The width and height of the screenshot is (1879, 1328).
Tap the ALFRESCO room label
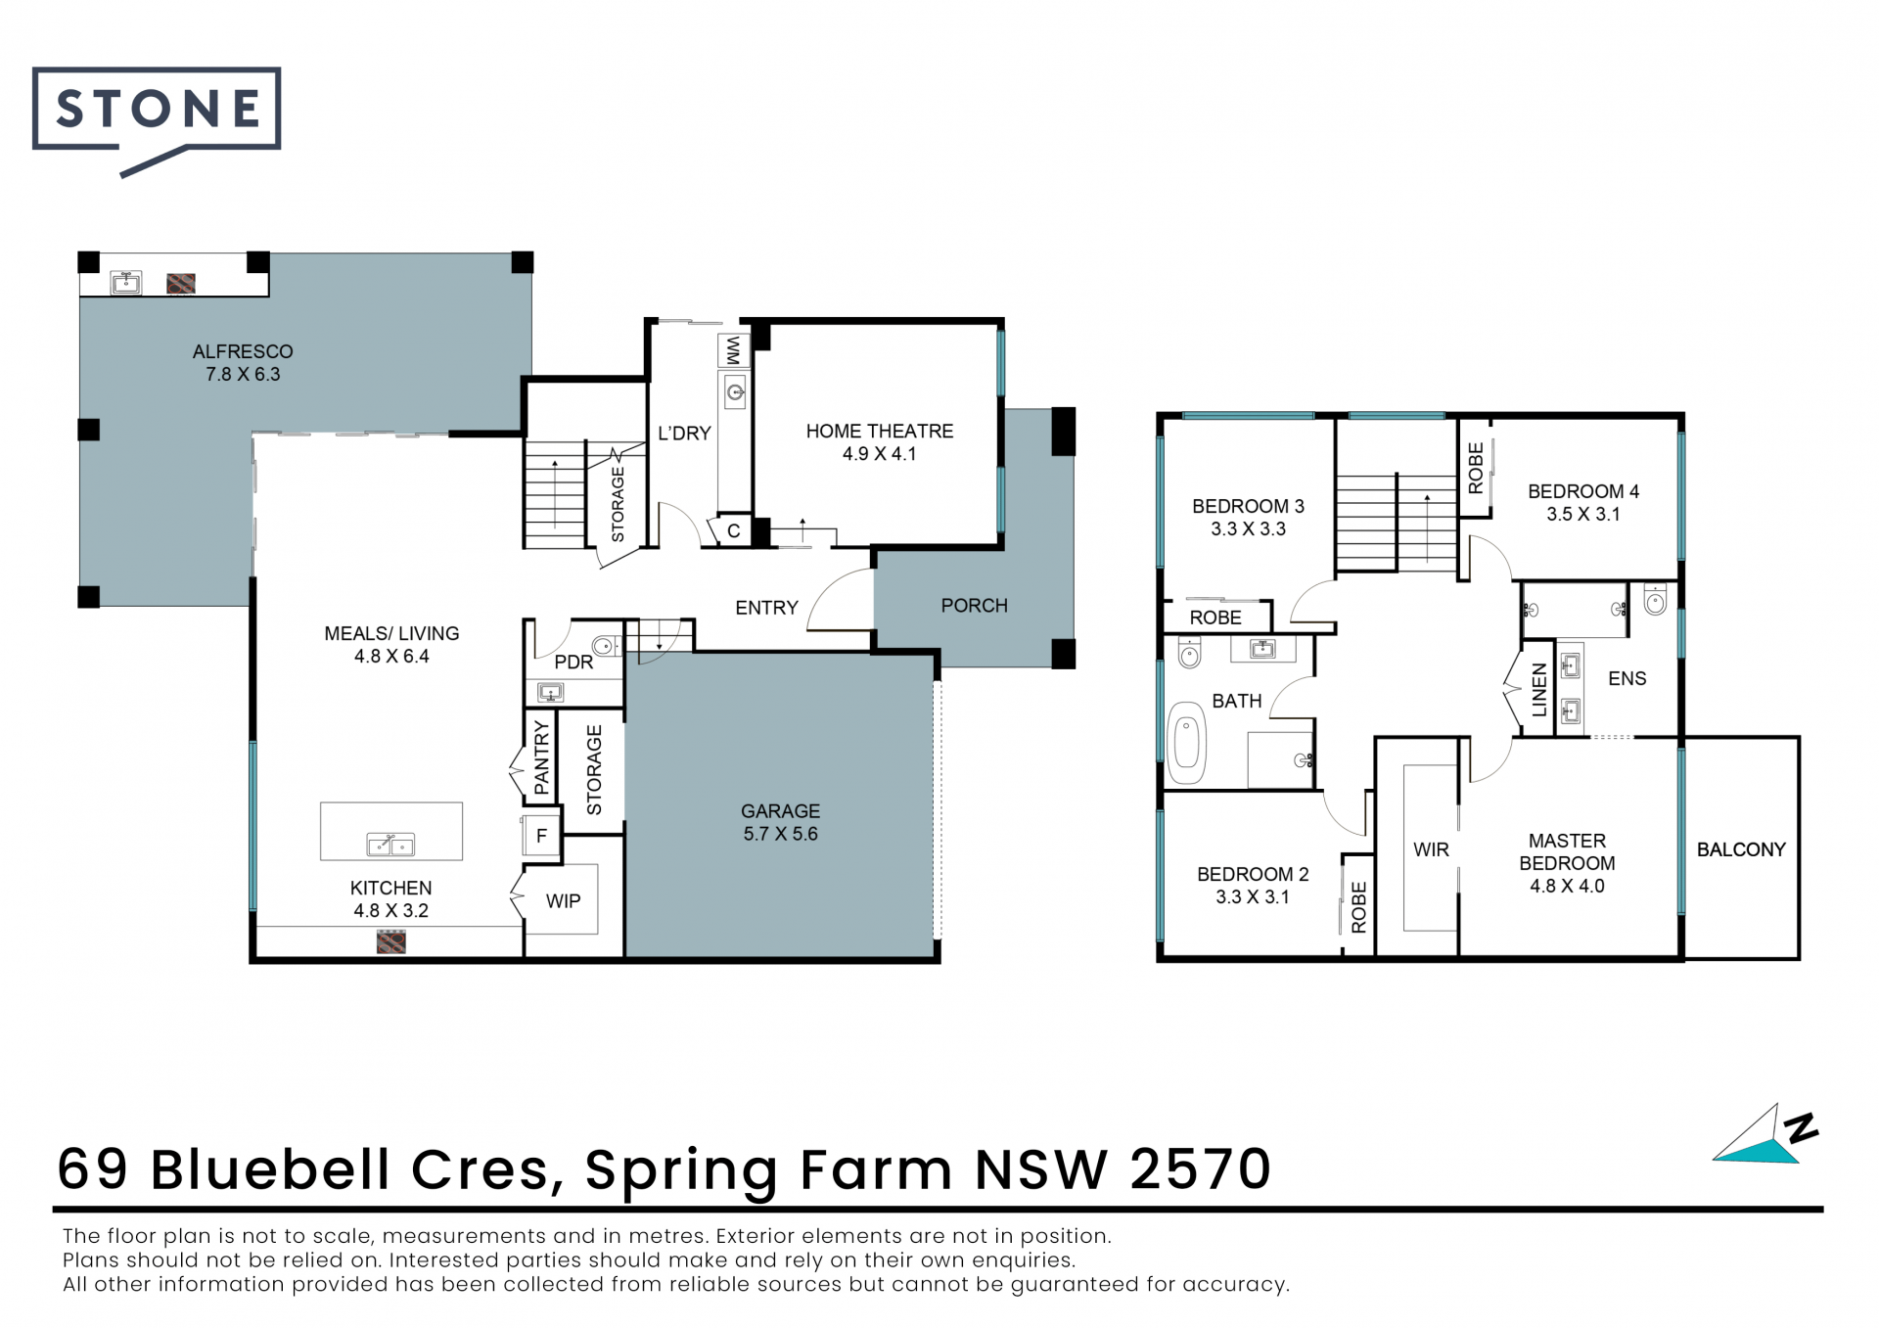[x=243, y=351]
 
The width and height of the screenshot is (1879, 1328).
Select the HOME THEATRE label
[x=880, y=432]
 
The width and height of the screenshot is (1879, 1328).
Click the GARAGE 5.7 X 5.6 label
[x=781, y=822]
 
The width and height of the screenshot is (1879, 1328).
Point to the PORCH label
[x=974, y=606]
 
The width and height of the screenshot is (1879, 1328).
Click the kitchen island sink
[x=390, y=844]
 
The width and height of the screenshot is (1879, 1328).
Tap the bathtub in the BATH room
[x=1187, y=743]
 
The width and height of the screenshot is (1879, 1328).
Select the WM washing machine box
[x=733, y=350]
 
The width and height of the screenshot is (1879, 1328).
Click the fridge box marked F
[x=541, y=837]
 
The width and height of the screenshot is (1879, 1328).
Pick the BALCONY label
[x=1741, y=849]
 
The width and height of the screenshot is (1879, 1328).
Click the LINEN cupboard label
[x=1539, y=690]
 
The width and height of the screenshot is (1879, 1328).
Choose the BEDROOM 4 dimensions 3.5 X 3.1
[x=1583, y=515]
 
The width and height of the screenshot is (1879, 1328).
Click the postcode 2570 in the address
[x=1200, y=1169]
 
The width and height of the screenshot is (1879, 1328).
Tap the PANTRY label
[x=541, y=756]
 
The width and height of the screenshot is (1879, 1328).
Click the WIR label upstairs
[x=1431, y=849]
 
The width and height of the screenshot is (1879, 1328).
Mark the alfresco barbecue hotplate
[x=181, y=284]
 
